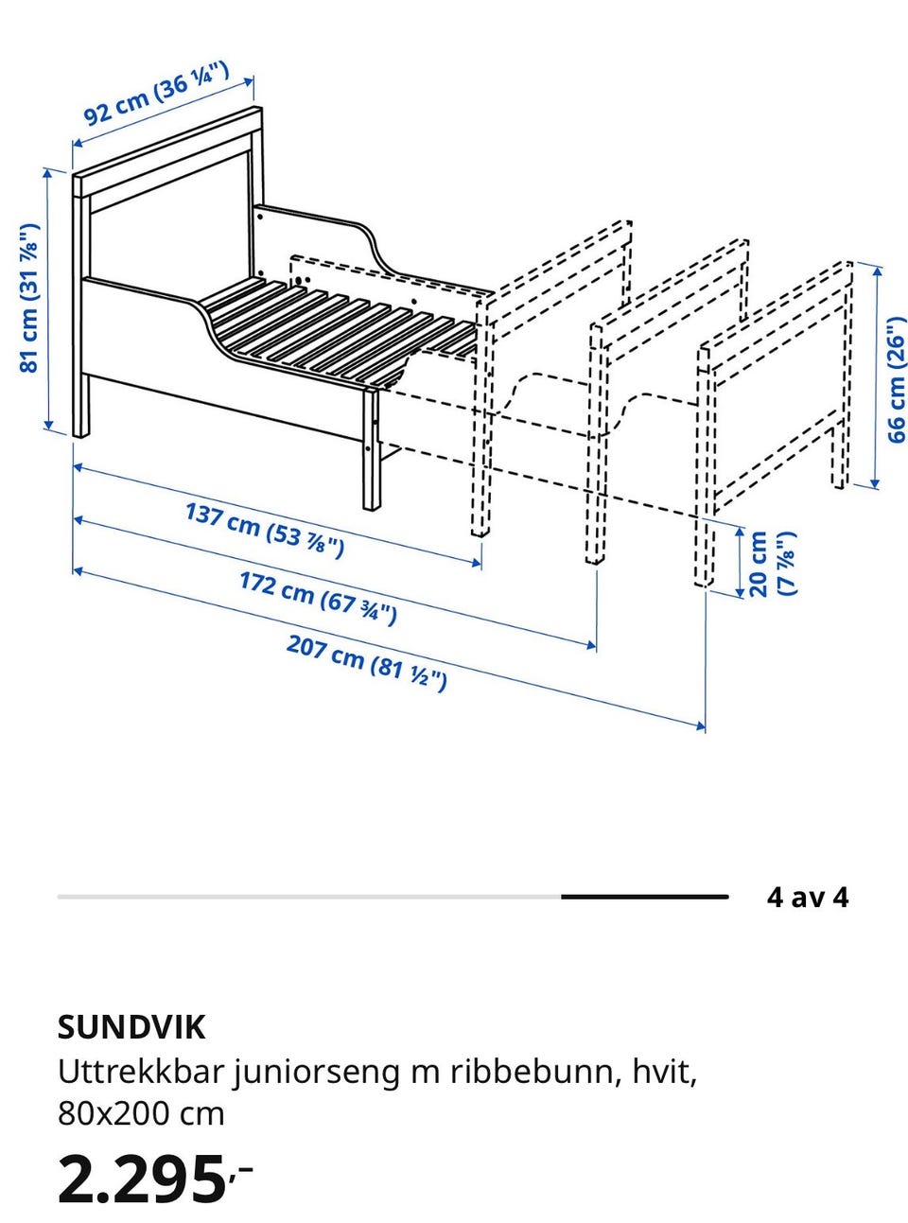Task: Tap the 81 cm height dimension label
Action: (x=29, y=298)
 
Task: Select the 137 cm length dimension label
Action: (x=265, y=530)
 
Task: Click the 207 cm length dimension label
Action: (x=367, y=663)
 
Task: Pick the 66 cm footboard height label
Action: (x=897, y=379)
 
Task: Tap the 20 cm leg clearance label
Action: (x=772, y=564)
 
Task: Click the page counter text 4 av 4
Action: (x=807, y=897)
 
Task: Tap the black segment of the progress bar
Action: (x=644, y=897)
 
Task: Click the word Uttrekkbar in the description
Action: (x=140, y=1072)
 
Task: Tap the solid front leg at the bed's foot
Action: (x=372, y=449)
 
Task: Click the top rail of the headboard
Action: (x=167, y=152)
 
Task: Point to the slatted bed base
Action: (x=337, y=330)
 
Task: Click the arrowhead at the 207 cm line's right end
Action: (x=701, y=726)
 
